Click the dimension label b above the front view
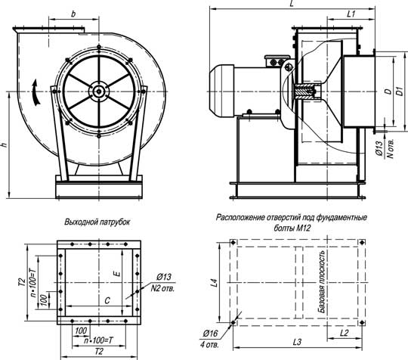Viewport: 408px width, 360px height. [x=73, y=14]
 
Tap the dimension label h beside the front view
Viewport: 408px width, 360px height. [x=5, y=145]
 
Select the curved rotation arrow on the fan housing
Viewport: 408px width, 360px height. [x=36, y=93]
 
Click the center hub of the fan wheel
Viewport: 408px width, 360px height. [x=99, y=92]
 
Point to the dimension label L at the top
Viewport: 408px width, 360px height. [x=292, y=4]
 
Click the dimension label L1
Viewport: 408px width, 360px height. [x=351, y=14]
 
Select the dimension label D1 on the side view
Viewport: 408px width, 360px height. [x=400, y=92]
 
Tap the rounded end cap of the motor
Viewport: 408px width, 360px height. [x=222, y=91]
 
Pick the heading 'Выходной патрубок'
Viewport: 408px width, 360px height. [x=97, y=222]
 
